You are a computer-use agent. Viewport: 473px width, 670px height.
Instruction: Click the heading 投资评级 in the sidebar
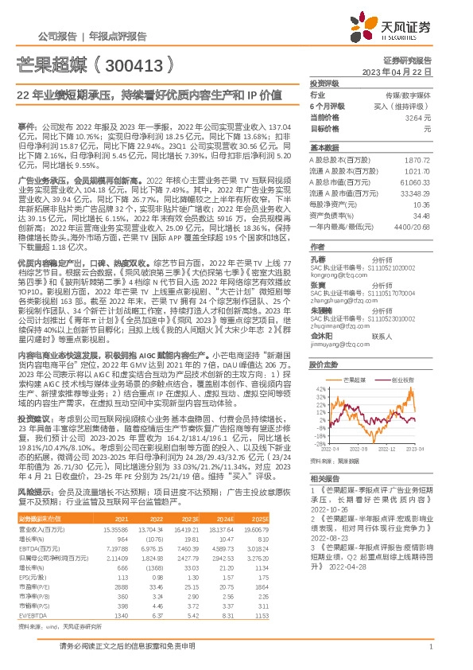tap(325, 83)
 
